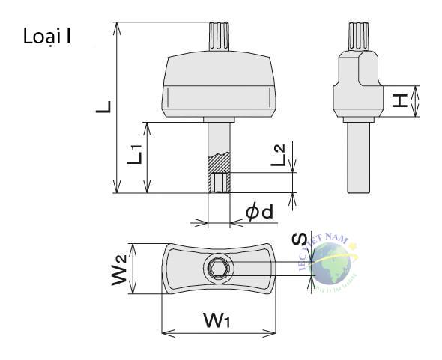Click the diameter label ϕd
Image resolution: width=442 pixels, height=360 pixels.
click(259, 213)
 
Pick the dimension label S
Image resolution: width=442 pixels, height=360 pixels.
click(299, 240)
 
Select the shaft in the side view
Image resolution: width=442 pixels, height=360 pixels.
click(357, 157)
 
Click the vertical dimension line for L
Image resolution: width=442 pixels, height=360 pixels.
click(117, 107)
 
